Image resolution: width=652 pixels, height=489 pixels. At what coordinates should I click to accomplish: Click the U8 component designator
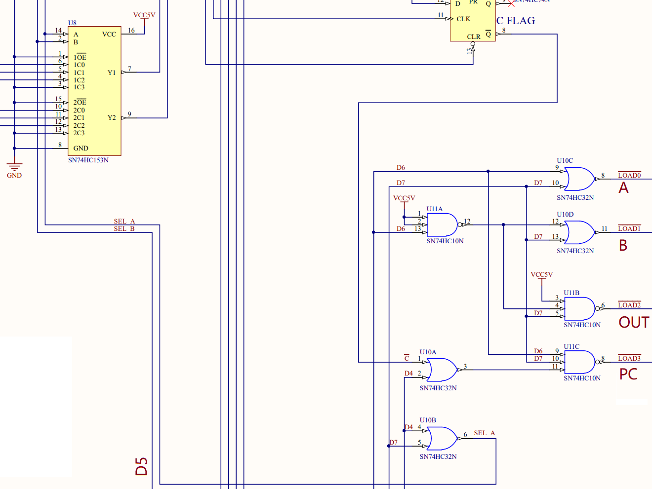(x=72, y=23)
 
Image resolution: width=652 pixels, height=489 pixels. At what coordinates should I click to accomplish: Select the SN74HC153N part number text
(x=88, y=160)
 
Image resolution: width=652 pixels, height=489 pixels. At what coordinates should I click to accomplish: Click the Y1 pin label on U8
(x=112, y=73)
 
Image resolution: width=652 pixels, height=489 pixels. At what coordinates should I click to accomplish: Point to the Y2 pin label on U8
(x=112, y=117)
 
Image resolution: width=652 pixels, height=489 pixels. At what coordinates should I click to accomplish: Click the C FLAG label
(x=516, y=21)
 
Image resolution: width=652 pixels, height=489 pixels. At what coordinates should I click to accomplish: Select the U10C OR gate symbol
(x=580, y=179)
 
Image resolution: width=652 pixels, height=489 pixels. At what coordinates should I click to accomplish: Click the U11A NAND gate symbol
(x=442, y=225)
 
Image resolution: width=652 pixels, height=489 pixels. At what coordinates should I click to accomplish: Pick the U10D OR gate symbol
(x=580, y=232)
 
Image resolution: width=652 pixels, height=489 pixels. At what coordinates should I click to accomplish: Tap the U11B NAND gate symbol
(x=580, y=309)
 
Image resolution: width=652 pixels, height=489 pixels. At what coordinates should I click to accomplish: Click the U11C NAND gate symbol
(x=580, y=362)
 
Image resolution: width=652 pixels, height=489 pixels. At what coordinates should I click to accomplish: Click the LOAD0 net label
(x=629, y=175)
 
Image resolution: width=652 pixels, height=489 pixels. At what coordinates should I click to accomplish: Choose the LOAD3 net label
(x=629, y=358)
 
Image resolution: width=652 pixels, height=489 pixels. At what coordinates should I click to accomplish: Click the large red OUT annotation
(x=634, y=322)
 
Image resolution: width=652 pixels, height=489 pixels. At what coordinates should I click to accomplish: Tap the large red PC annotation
(x=628, y=374)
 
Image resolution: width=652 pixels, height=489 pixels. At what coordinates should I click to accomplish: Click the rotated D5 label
(x=141, y=466)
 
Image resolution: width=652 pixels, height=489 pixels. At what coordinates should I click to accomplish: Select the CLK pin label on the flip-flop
(x=463, y=19)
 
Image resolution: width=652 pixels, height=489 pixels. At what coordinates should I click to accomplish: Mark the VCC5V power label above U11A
(x=404, y=198)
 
